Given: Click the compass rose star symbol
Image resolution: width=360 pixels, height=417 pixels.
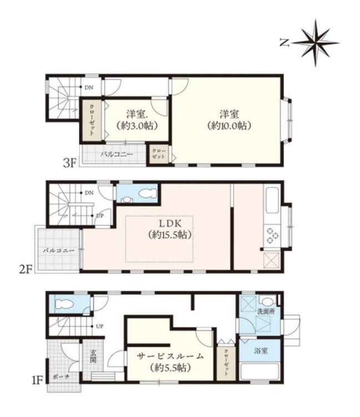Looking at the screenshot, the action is click(316, 43).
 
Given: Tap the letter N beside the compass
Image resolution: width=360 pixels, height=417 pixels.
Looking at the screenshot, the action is click(284, 43).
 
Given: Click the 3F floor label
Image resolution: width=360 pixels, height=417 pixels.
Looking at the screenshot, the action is click(70, 162).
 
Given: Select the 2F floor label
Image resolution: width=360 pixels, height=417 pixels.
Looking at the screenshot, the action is click(26, 269).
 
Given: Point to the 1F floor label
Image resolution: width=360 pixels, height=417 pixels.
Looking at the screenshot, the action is click(37, 381).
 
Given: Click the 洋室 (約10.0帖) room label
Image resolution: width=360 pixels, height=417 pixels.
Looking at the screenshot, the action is click(229, 120).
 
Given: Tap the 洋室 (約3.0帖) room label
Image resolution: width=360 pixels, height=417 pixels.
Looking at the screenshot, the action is click(137, 120).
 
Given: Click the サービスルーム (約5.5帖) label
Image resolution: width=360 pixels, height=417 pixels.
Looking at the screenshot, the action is click(170, 362).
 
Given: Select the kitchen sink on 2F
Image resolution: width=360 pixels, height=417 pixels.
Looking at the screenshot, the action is click(272, 200).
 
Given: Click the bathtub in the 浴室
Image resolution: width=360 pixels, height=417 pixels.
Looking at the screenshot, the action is click(259, 371).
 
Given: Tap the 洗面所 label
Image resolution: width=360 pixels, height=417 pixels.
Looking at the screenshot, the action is click(266, 312).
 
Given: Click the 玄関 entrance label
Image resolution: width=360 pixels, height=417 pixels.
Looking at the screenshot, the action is click(93, 356).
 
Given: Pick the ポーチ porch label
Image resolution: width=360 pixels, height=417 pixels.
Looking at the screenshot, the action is click(61, 377).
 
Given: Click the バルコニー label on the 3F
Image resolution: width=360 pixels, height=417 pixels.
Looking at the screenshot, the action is click(117, 154).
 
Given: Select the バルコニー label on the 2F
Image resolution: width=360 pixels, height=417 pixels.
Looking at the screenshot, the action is click(58, 250).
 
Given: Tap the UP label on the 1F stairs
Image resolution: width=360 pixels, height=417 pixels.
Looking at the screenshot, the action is click(99, 326).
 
